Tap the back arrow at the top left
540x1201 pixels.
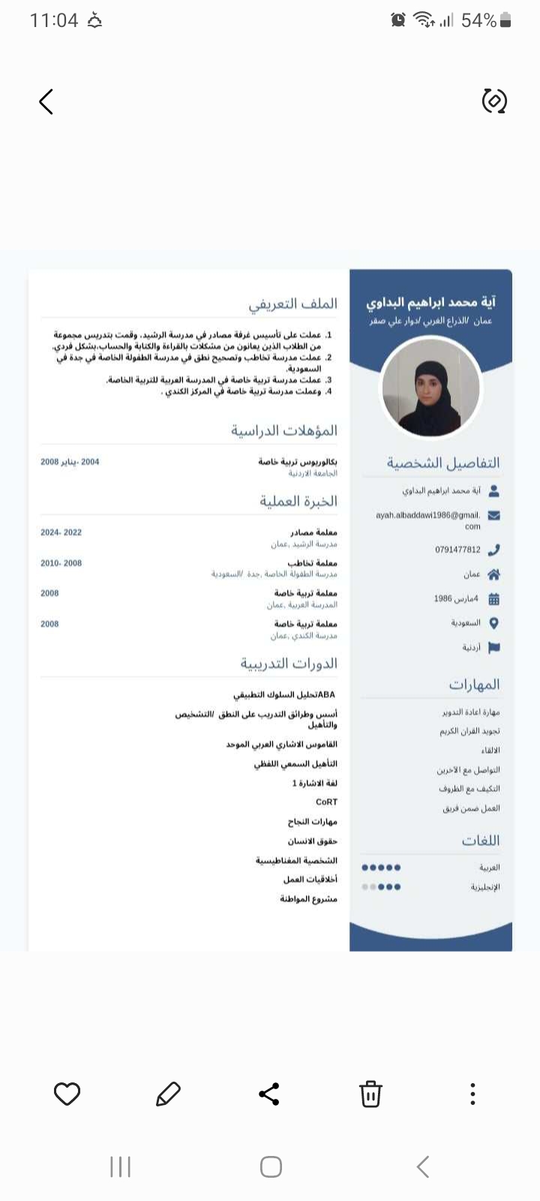coord(46,101)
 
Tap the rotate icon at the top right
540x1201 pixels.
coord(494,101)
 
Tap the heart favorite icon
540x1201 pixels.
coord(67,1094)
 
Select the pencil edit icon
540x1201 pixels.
coord(168,1094)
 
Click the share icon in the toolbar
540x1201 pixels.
coord(269,1094)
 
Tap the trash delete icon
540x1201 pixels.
coord(370,1094)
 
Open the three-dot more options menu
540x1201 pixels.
coord(472,1094)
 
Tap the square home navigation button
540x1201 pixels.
coord(271,1166)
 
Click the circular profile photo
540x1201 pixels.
coord(430,387)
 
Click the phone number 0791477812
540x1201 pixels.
coord(457,549)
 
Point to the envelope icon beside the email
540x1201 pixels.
coord(493,516)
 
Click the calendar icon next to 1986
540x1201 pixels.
coord(493,599)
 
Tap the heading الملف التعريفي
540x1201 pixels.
coord(293,304)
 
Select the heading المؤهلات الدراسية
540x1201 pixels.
coord(284,431)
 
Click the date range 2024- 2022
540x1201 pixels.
coord(61,532)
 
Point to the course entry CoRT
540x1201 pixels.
coord(326,802)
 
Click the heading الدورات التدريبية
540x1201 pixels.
coord(289,664)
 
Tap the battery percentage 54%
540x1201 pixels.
coord(478,20)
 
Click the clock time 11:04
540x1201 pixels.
coord(54,20)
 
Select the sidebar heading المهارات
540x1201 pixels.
coord(474,685)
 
